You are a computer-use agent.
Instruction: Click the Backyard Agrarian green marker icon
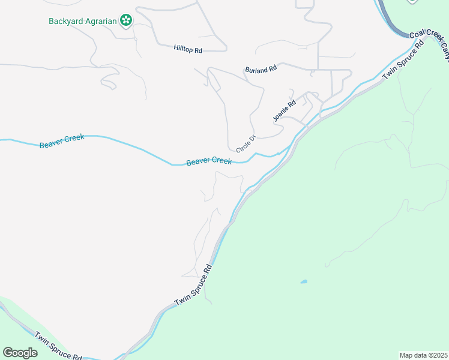(125, 21)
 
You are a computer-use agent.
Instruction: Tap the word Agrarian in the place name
(100, 21)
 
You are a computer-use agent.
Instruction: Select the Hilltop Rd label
(188, 47)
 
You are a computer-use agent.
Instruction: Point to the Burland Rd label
(261, 70)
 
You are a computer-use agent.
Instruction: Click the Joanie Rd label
(285, 111)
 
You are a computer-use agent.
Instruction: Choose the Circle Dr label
(246, 143)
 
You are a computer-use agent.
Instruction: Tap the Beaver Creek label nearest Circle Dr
(209, 161)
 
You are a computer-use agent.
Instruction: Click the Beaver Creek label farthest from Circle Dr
(62, 141)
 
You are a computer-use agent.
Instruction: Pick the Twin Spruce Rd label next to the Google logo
(58, 347)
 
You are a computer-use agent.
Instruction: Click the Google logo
(20, 353)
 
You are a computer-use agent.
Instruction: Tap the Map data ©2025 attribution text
(423, 355)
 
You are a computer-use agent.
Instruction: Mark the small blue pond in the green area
(304, 281)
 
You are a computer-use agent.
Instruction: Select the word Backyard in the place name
(65, 21)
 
